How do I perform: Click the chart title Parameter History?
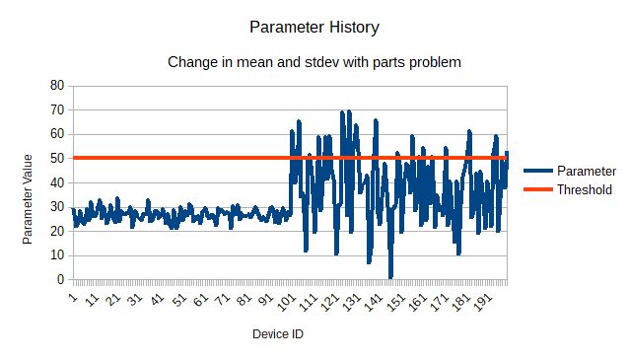(x=313, y=27)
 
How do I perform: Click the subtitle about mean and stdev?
(x=314, y=61)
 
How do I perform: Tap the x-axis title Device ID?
(x=278, y=334)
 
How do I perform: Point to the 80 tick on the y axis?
(x=56, y=86)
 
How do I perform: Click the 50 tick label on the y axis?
(x=56, y=158)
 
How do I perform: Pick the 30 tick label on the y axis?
(x=56, y=207)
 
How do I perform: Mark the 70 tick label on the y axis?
(x=56, y=109)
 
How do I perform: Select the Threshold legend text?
(x=585, y=189)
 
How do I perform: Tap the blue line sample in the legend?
(x=536, y=171)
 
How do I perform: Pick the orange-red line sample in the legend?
(x=536, y=189)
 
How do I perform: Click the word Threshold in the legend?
(x=585, y=189)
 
